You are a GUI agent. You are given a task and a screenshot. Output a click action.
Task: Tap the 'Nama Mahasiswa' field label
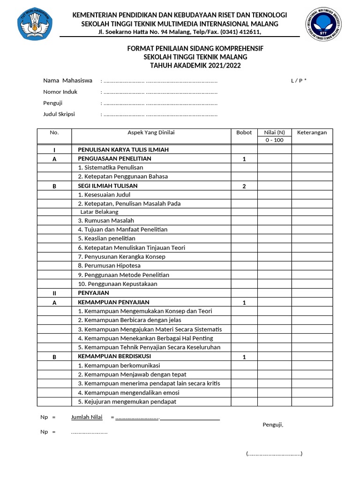tap(67, 81)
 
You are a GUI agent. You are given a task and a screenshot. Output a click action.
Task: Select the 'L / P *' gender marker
tap(299, 81)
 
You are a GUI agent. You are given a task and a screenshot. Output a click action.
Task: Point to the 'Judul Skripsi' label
tap(59, 114)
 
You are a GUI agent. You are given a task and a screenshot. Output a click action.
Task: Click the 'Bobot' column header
tap(244, 133)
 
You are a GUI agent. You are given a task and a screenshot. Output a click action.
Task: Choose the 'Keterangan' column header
tap(312, 133)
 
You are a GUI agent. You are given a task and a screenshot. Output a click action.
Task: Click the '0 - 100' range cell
tap(274, 140)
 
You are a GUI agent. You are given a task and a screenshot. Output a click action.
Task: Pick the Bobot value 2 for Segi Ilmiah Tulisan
tap(244, 186)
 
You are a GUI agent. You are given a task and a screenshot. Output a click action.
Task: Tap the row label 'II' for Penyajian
tap(54, 293)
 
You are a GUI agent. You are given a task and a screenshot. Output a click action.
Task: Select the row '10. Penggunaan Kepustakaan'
tap(118, 284)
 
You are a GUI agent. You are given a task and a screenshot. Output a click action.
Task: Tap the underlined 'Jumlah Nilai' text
tap(87, 417)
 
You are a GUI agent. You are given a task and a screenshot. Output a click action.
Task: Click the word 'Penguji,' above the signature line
tap(273, 425)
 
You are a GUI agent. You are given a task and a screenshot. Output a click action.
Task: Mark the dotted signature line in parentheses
tap(274, 454)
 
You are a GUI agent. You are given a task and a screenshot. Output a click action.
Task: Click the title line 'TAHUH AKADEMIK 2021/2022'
tap(195, 66)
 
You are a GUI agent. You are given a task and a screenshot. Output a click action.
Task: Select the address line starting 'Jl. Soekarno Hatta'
tap(180, 32)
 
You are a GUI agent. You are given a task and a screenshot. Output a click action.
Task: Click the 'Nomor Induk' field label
tap(60, 92)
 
